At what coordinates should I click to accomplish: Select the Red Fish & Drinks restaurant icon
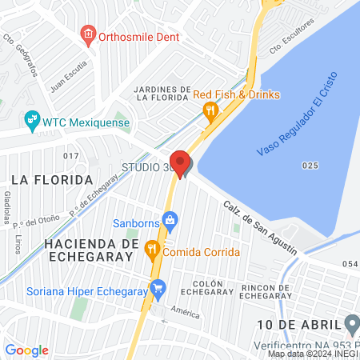pyautogui.click(x=210, y=110)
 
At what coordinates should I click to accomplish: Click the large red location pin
pyautogui.click(x=181, y=163)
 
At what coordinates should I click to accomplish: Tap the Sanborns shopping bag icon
pyautogui.click(x=169, y=219)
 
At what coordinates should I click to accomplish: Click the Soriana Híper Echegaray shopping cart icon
pyautogui.click(x=158, y=286)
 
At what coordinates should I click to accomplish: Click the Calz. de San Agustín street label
pyautogui.click(x=260, y=226)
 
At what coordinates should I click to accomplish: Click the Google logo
pyautogui.click(x=27, y=350)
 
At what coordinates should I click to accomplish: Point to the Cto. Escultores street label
pyautogui.click(x=290, y=36)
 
